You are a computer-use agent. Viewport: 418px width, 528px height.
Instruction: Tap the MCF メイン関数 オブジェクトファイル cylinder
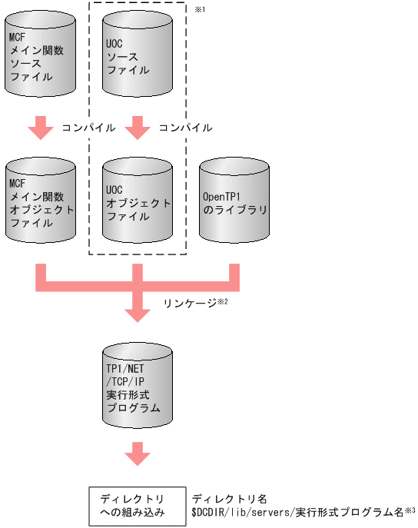(x=40, y=202)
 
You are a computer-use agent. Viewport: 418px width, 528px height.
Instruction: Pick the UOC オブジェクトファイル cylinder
(x=137, y=202)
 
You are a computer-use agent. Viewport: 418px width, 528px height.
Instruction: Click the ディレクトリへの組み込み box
(x=137, y=506)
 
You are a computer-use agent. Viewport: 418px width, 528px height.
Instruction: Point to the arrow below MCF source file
(x=40, y=127)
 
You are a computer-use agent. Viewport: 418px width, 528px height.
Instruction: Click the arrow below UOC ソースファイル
(x=137, y=127)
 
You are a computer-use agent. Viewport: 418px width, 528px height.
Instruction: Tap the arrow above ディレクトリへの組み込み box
(x=137, y=453)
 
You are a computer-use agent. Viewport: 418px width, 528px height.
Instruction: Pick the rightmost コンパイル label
(x=185, y=127)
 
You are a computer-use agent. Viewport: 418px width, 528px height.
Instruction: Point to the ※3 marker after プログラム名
(x=411, y=510)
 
